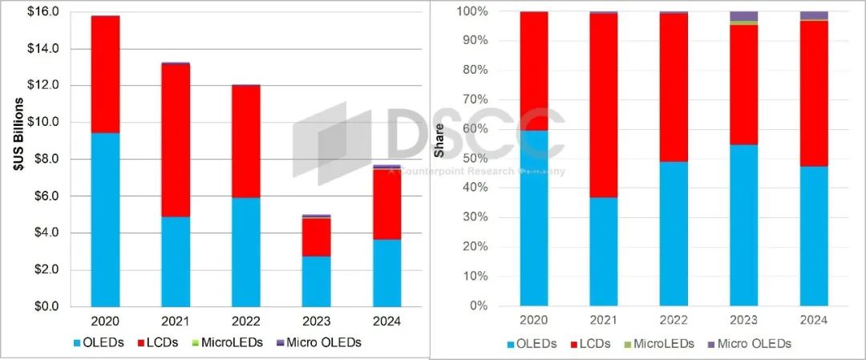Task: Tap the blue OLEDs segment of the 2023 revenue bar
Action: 316,281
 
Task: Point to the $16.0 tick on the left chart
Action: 46,12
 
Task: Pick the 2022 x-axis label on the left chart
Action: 246,321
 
